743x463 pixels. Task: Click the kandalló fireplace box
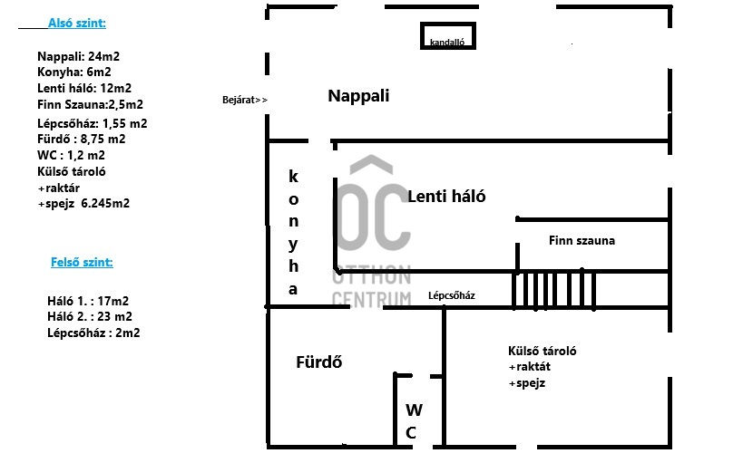(447, 37)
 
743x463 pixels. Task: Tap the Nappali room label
(358, 96)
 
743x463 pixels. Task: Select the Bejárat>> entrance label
(245, 100)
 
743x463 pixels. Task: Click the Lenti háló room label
(446, 197)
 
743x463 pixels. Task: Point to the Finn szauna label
(582, 241)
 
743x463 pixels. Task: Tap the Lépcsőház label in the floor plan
(452, 295)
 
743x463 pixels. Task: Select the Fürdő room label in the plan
(318, 362)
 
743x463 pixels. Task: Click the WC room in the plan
(411, 420)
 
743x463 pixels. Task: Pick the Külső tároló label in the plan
(543, 352)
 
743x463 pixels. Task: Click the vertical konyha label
(293, 232)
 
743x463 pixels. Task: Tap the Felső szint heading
(82, 263)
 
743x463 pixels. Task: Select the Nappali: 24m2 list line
(78, 56)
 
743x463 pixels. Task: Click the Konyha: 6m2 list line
(74, 72)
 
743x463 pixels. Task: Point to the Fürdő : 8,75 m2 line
(81, 140)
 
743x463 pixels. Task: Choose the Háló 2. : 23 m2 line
(89, 317)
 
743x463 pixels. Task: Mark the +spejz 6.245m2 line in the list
(83, 204)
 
